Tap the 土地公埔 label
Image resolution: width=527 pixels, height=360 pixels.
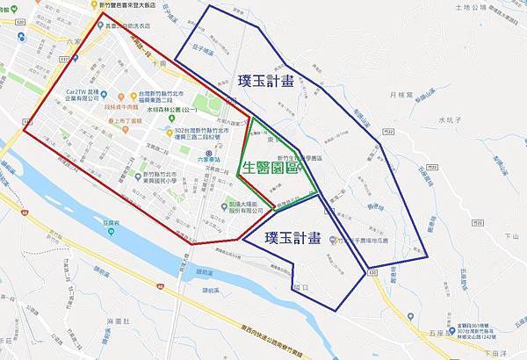coord(450,6)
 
